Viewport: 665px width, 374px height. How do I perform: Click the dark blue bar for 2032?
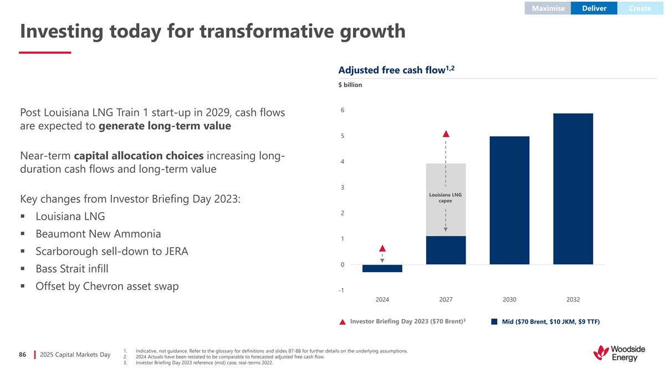pos(573,188)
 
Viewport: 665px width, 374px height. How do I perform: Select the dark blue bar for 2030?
pos(509,200)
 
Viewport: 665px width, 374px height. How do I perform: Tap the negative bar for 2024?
pos(382,268)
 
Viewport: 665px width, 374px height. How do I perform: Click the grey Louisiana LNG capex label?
pos(446,198)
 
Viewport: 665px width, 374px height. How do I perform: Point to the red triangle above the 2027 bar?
pos(446,134)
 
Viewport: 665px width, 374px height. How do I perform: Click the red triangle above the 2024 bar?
pos(382,248)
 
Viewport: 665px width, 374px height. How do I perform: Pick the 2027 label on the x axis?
pos(446,300)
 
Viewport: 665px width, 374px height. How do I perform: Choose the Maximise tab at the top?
pos(548,8)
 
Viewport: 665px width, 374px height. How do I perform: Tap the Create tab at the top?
pos(640,8)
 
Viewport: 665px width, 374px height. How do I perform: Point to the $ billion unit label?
pos(350,85)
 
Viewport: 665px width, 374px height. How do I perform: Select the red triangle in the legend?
pos(342,322)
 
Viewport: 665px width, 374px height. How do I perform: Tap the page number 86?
pos(23,355)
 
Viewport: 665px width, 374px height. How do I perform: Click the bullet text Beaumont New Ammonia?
pos(98,234)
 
